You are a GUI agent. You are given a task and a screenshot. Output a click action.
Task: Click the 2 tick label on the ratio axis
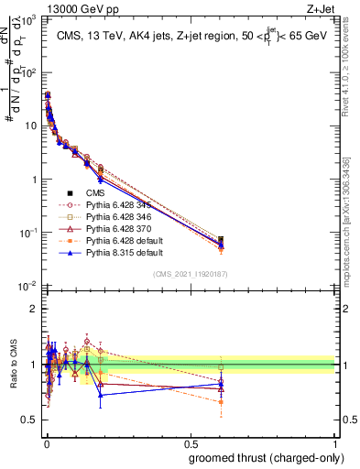point(33,309)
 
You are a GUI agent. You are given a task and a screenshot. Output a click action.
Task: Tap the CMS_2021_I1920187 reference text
point(191,274)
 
